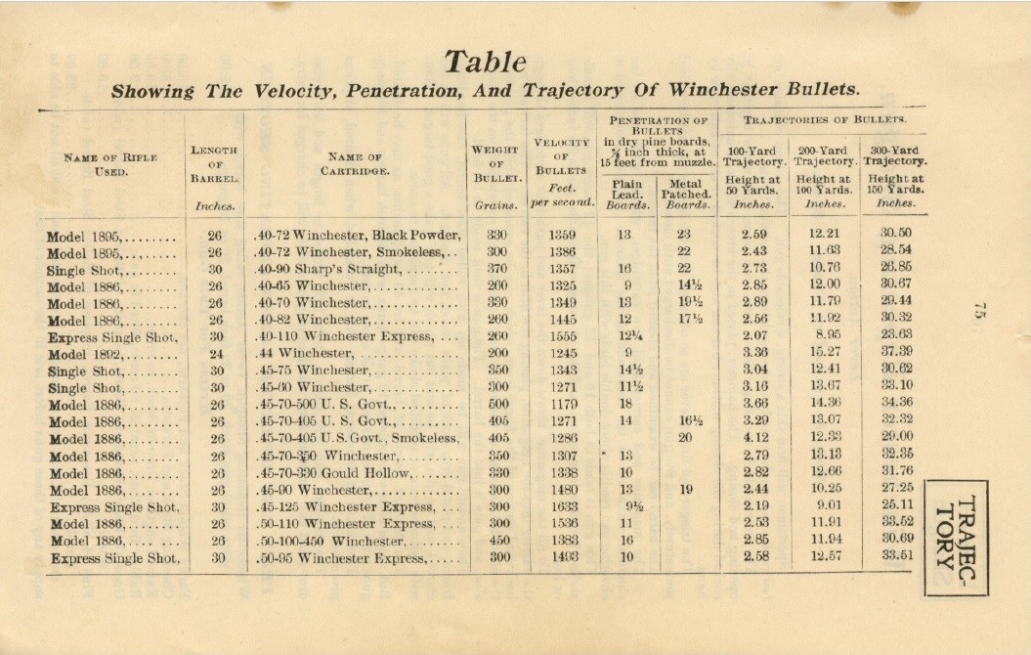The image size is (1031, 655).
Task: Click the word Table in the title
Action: point(486,63)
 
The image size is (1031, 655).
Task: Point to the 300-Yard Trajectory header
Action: point(895,155)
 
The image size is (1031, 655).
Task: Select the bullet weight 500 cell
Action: point(498,404)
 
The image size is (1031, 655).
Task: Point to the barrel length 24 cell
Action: point(216,354)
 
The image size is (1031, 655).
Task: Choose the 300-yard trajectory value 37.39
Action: point(896,353)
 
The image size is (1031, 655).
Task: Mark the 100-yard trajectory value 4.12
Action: point(754,438)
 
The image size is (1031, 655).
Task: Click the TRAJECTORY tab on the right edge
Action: point(955,536)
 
